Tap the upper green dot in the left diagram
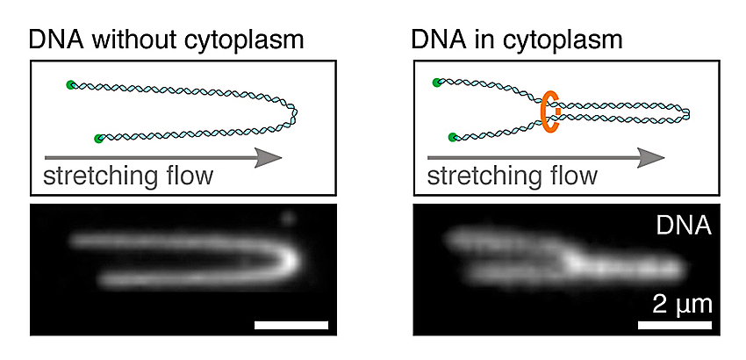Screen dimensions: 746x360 coord(71,85)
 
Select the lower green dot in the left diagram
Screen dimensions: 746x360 coord(98,139)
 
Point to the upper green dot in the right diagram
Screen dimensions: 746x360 coord(437,83)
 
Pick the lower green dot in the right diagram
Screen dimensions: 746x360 coord(453,138)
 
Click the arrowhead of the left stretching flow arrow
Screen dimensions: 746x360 coord(269,158)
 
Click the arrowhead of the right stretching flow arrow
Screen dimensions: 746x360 coord(651,158)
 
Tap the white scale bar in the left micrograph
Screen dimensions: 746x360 coord(291,325)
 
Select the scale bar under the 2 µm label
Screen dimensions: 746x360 coord(675,325)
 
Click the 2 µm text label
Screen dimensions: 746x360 coord(682,305)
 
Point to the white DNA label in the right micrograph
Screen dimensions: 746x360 coord(684,226)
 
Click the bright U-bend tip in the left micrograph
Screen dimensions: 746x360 coord(289,260)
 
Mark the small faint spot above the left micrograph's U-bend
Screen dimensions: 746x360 coord(287,218)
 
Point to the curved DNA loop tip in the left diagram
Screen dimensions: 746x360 coord(293,113)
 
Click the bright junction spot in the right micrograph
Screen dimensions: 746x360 coord(573,262)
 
